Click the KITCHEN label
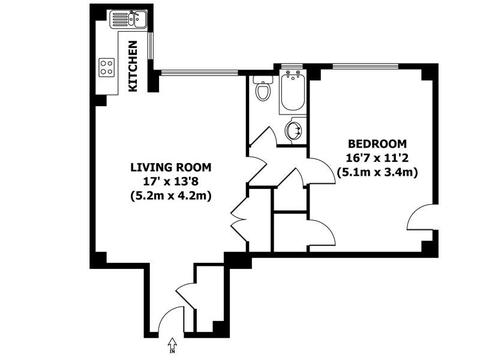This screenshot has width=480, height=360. click(x=133, y=66)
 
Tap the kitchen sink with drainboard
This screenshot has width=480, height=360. click(x=128, y=19)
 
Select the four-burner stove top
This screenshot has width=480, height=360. click(x=107, y=67)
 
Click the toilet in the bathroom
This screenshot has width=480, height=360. click(x=263, y=89)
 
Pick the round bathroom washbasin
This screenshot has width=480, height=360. click(x=294, y=130)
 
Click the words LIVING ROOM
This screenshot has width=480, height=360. click(x=171, y=167)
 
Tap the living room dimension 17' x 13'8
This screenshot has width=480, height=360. click(x=171, y=181)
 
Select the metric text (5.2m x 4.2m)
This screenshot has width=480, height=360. click(x=171, y=196)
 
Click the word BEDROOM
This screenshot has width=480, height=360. click(x=377, y=144)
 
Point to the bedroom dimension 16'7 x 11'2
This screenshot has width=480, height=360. click(x=377, y=158)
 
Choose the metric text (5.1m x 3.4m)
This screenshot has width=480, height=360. click(x=377, y=173)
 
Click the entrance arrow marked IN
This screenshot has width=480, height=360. click(x=172, y=345)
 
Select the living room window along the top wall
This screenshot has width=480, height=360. click(x=199, y=72)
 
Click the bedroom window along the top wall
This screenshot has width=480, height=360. click(x=365, y=66)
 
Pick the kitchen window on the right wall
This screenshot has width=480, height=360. click(x=151, y=46)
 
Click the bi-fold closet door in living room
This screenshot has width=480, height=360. click(x=239, y=220)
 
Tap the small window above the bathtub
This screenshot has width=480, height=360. click(x=292, y=66)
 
